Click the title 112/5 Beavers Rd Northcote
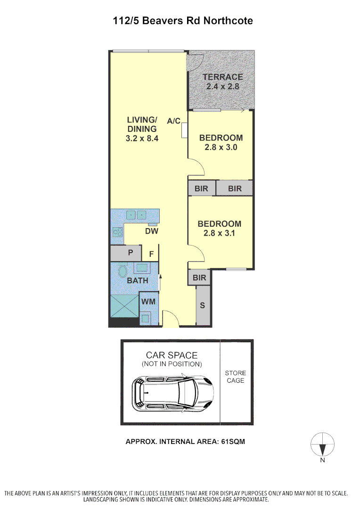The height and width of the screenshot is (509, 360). (183, 21)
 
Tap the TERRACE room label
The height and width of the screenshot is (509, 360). (222, 77)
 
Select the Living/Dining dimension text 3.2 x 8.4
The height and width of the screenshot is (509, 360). (142, 139)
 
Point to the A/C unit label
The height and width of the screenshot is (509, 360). (174, 121)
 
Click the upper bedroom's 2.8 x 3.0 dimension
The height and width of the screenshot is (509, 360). (221, 147)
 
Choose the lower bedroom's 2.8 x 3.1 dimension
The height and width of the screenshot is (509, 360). (219, 233)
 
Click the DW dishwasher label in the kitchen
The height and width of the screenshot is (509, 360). (151, 231)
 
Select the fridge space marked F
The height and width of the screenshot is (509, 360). (151, 254)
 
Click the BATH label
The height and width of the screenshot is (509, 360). (138, 280)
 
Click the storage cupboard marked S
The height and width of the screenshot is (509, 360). (203, 305)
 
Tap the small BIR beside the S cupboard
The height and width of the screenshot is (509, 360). (199, 278)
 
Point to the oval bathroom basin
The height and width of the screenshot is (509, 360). (122, 272)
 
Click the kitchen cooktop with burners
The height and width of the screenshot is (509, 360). (117, 232)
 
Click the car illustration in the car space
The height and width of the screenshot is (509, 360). (173, 393)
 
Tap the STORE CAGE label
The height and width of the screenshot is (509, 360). (235, 377)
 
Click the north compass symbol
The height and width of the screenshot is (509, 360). (323, 445)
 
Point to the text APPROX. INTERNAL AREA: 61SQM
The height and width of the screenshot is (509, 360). (185, 442)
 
